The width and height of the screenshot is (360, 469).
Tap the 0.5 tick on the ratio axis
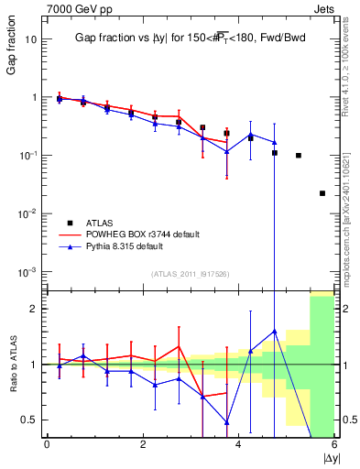coord(29,420)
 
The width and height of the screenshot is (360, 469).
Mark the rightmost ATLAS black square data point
coord(322,193)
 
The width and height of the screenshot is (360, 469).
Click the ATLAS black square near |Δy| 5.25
coord(299,156)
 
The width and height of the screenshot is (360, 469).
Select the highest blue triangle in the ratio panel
coord(275,332)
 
